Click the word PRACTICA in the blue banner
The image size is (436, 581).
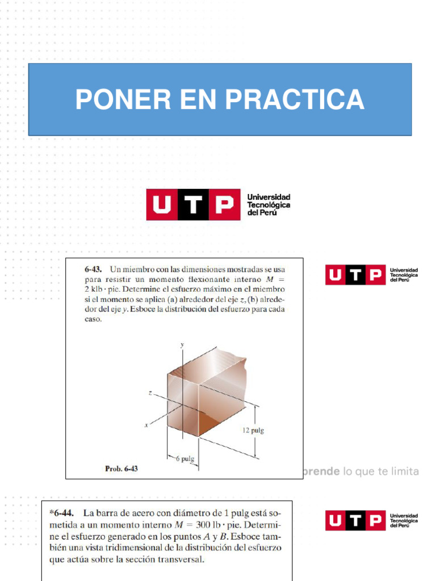click(x=295, y=99)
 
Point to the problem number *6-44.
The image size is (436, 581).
click(x=64, y=512)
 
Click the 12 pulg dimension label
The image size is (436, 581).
click(x=253, y=430)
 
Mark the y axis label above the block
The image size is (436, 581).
click(x=182, y=345)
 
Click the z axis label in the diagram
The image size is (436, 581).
click(x=149, y=393)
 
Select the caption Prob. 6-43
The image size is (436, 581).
click(x=122, y=469)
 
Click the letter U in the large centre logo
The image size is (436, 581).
click(x=162, y=204)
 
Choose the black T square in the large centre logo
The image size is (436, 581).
click(x=192, y=204)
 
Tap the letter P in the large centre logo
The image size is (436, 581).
click(x=223, y=204)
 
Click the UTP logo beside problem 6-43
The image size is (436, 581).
click(x=371, y=275)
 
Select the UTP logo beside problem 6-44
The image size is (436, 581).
click(x=371, y=520)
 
